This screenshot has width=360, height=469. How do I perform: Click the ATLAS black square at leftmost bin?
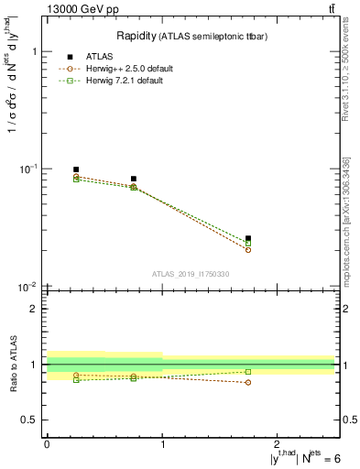click(x=76, y=169)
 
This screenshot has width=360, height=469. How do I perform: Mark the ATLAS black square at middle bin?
click(x=134, y=179)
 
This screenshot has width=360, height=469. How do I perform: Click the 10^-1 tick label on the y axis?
click(x=27, y=169)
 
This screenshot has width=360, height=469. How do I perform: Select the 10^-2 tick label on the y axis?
click(x=27, y=287)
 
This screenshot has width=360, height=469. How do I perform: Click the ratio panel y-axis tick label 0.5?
click(x=28, y=420)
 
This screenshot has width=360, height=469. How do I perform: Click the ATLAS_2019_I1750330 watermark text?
click(x=191, y=274)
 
